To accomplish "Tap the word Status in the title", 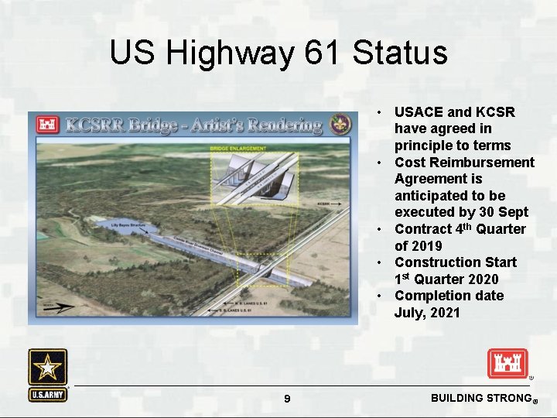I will click(x=399, y=53).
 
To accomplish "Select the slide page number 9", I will click(x=287, y=399).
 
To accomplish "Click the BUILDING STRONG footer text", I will click(x=477, y=398).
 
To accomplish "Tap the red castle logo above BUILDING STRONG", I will click(x=507, y=364).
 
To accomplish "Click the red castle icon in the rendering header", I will click(x=46, y=125).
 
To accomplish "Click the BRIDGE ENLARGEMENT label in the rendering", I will click(x=238, y=147).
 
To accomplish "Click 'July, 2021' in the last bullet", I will click(x=427, y=313).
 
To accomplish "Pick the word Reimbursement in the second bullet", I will click(x=484, y=163).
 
